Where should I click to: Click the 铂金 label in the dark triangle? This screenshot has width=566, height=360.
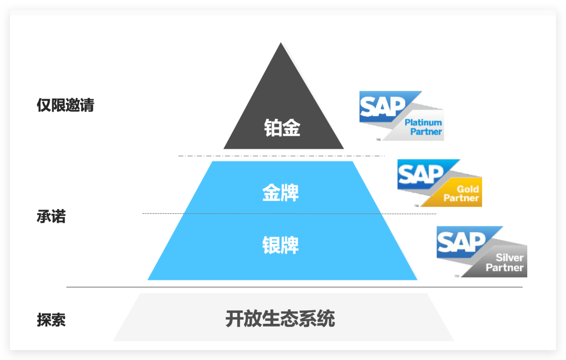pos(282,128)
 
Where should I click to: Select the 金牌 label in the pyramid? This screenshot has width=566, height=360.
pos(280,192)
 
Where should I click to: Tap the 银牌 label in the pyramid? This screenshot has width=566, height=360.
pos(280,245)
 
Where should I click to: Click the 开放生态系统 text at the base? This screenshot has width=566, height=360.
pos(280,319)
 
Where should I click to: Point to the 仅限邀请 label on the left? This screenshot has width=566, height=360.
pos(66,105)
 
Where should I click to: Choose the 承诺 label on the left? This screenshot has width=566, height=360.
pos(51,216)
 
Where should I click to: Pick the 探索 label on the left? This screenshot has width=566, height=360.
pos(51,320)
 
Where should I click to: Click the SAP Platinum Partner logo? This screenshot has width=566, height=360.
pos(401,116)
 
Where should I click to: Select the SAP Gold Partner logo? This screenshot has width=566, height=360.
pos(439,183)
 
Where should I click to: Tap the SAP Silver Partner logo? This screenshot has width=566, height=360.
pos(481,252)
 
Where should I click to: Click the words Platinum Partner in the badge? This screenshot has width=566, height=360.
pos(423,127)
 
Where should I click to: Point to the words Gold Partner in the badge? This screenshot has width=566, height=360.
pos(461,194)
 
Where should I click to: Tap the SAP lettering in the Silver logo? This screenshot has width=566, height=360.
pos(461,242)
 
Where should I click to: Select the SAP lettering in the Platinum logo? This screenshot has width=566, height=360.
pos(383,107)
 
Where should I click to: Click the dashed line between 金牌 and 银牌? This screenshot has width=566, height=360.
pos(288,213)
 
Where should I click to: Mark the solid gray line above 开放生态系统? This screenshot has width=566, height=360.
pos(293,287)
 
